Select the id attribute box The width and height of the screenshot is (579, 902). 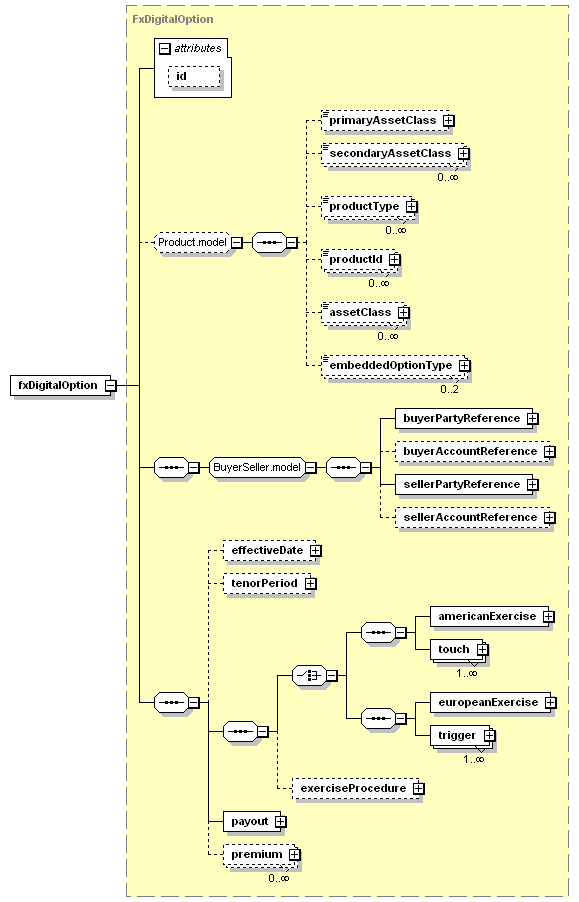194,77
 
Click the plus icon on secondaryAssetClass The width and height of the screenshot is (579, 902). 463,154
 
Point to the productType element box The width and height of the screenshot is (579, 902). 369,207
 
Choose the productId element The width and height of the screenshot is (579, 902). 361,259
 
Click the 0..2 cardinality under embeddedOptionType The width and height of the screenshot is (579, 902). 450,389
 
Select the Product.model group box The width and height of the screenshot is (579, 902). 193,242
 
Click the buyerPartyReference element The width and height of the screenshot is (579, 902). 466,418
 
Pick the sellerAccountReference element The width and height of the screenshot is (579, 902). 475,518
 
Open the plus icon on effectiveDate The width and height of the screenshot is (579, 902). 315,551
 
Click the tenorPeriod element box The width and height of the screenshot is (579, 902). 270,583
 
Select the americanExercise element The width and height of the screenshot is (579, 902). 492,617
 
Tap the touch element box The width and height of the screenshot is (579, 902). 459,649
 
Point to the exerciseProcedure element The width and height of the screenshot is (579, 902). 358,788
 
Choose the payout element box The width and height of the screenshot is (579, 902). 254,821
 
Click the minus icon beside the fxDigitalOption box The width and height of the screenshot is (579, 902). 110,385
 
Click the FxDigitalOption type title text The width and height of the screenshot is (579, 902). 173,19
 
